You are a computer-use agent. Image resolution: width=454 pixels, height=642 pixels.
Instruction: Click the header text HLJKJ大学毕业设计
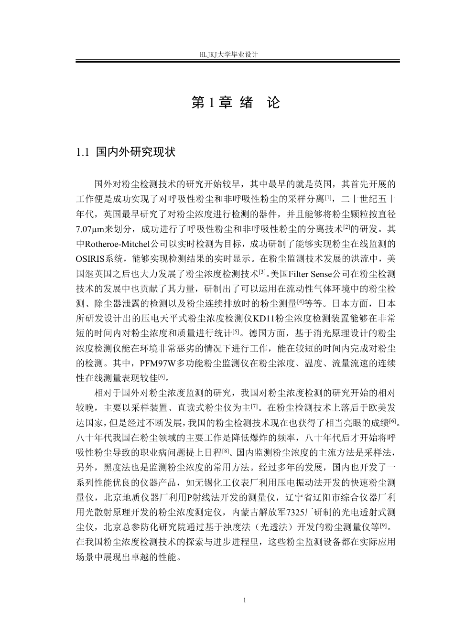(x=229, y=55)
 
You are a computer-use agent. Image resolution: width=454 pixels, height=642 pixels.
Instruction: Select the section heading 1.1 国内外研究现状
(x=126, y=152)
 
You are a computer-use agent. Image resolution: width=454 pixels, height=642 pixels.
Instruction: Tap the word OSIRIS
(x=91, y=259)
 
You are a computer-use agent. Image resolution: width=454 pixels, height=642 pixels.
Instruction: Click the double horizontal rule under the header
(x=238, y=61)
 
